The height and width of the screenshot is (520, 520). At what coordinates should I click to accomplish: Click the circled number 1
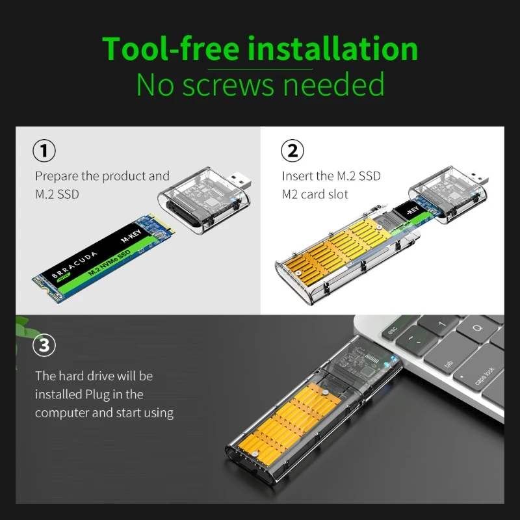click(x=44, y=151)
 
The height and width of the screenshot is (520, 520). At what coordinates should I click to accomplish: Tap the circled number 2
click(x=292, y=151)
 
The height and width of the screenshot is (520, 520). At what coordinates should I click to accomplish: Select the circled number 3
click(x=44, y=345)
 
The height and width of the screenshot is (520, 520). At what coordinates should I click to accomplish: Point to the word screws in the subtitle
click(x=229, y=85)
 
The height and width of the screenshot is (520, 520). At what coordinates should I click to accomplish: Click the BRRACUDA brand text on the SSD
click(x=75, y=265)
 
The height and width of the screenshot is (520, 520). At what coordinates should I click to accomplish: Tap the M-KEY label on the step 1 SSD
click(x=131, y=235)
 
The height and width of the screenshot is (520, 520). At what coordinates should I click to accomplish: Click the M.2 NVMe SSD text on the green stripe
click(x=109, y=263)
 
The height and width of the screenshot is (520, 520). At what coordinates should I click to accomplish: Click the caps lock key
click(x=481, y=375)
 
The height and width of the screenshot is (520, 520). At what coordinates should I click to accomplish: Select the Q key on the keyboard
click(x=477, y=328)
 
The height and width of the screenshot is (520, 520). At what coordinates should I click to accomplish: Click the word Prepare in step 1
click(x=57, y=176)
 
